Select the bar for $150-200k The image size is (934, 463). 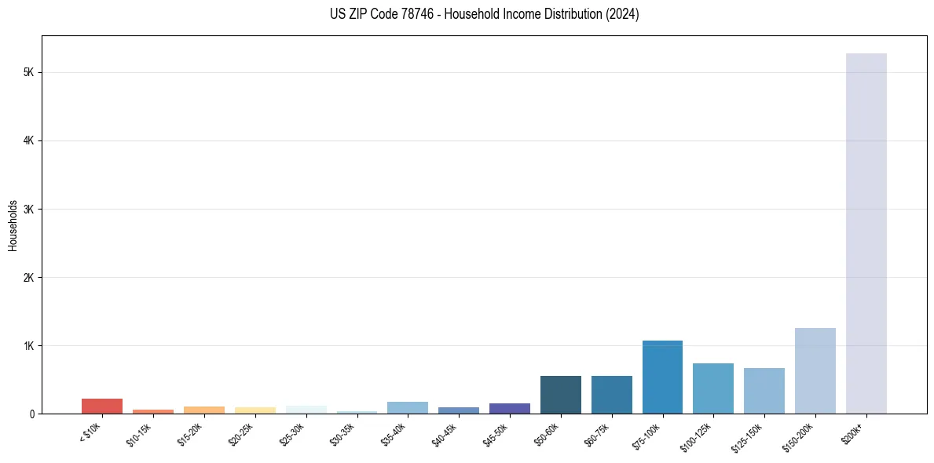[815, 370]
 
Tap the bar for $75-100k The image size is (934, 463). [662, 377]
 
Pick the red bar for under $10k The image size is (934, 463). [102, 406]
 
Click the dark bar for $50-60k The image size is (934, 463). [560, 395]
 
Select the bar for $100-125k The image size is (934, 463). [713, 388]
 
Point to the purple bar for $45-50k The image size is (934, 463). [510, 408]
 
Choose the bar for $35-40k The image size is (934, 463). [408, 407]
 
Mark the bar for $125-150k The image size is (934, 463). [764, 391]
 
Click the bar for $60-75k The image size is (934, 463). [611, 395]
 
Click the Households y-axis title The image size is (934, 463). [13, 225]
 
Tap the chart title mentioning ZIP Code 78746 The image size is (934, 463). [484, 14]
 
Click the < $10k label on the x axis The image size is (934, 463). [90, 433]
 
